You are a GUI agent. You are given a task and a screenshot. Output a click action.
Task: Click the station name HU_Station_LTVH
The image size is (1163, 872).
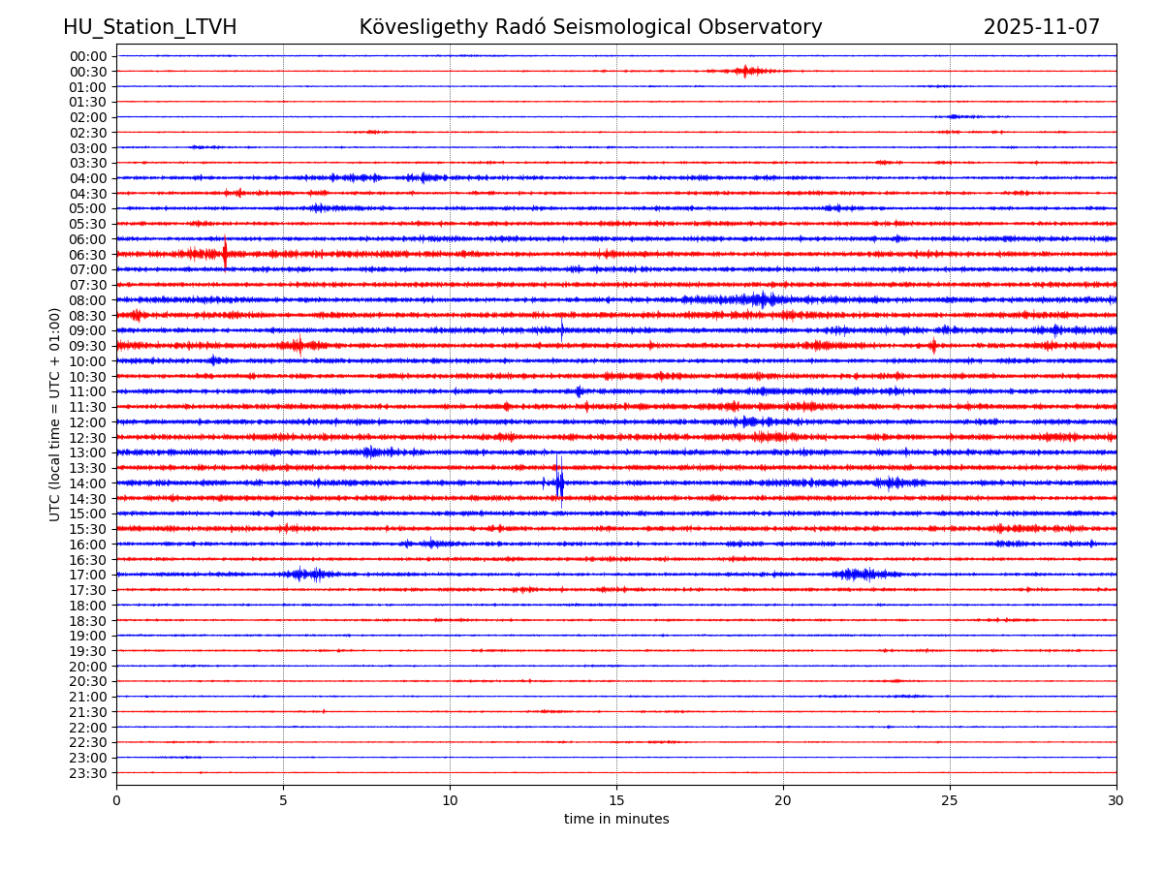tap(149, 27)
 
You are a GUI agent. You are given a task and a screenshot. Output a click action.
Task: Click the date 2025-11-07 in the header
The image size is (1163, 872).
tap(1041, 27)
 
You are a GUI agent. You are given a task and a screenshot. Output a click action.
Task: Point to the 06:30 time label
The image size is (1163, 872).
tap(88, 255)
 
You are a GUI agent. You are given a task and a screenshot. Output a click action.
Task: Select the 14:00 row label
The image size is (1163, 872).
tap(88, 483)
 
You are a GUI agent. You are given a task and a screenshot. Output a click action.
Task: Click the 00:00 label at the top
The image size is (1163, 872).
tap(88, 56)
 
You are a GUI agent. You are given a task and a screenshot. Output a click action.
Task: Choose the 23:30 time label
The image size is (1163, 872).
tap(88, 773)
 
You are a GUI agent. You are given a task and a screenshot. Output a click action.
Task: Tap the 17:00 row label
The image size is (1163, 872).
tap(88, 575)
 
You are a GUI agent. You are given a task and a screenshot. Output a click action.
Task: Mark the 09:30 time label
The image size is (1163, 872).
tap(88, 346)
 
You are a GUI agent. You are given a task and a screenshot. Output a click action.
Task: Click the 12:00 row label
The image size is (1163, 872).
tap(88, 422)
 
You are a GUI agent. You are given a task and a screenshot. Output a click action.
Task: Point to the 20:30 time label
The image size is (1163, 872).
tap(88, 681)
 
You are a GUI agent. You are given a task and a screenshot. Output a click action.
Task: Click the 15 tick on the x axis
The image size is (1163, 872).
tap(616, 800)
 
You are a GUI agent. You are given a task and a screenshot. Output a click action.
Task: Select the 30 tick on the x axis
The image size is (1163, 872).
tap(1116, 800)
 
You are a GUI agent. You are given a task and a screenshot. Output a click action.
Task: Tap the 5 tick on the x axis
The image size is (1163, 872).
tap(283, 800)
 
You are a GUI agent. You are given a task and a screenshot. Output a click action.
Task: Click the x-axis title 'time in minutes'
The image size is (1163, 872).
tap(616, 820)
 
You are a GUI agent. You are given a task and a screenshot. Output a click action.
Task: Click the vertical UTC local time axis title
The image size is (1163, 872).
tap(56, 414)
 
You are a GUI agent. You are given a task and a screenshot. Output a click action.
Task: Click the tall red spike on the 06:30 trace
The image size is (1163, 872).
tap(225, 253)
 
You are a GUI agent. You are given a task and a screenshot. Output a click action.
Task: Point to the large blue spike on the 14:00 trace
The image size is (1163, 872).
tap(558, 480)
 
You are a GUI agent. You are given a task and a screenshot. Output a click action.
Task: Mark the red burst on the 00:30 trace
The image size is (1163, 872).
tap(744, 71)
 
